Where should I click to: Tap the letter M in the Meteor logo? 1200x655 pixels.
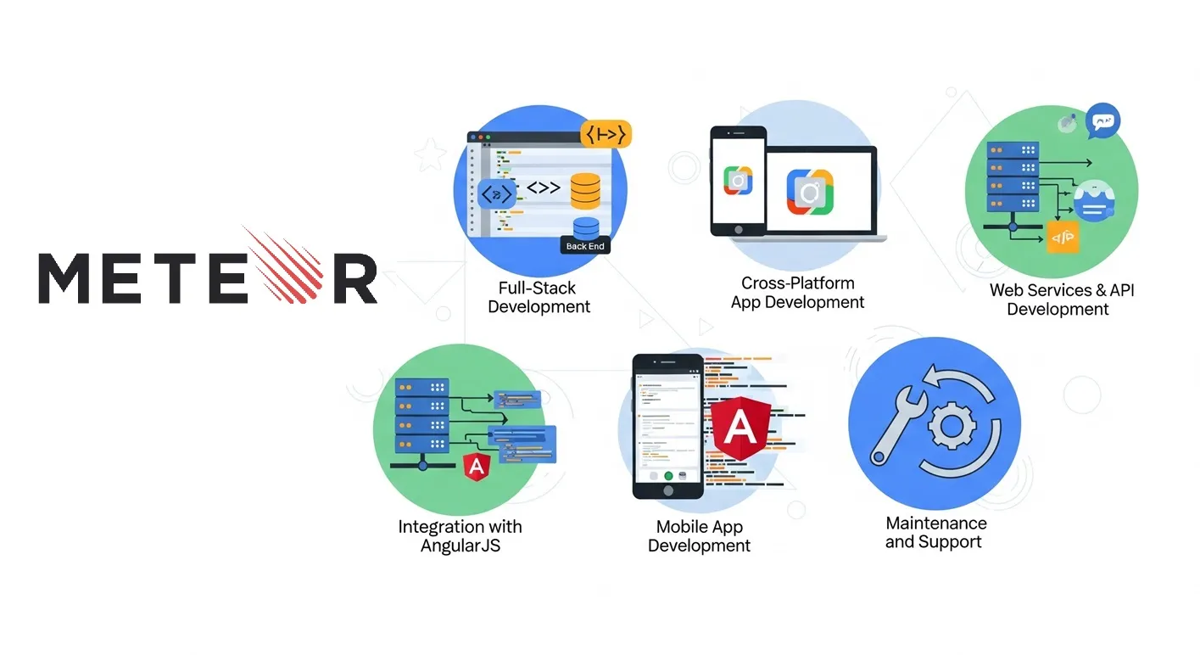tap(69, 277)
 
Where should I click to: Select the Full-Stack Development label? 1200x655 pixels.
tap(539, 297)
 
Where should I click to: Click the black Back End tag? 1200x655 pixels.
tap(585, 246)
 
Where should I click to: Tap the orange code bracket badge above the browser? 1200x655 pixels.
tap(606, 134)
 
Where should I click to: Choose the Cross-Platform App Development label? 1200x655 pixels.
tap(798, 292)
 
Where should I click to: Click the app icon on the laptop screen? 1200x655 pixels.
tap(809, 192)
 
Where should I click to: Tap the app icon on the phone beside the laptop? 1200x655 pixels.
tap(738, 181)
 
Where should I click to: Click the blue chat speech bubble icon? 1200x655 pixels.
tap(1102, 121)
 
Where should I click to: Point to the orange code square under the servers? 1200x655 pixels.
tap(1063, 238)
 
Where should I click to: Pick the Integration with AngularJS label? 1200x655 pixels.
tap(460, 535)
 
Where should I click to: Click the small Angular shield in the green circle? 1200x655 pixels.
tap(477, 465)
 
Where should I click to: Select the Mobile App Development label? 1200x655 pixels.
tap(699, 536)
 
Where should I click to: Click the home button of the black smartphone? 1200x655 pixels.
tap(667, 490)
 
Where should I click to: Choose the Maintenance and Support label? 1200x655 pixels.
tap(935, 533)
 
